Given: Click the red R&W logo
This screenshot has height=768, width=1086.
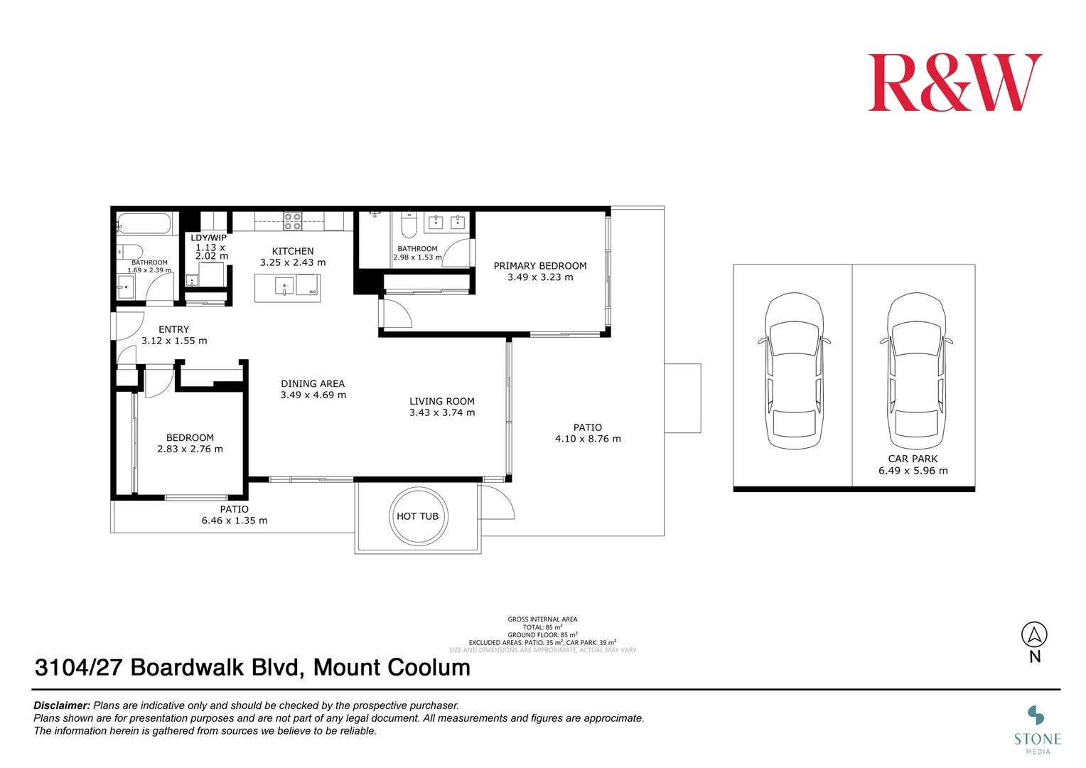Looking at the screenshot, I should (955, 82).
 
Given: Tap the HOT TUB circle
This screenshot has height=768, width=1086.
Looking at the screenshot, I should (418, 516).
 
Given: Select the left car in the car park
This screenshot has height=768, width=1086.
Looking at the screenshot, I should (793, 371).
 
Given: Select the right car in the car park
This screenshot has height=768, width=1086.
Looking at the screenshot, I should (916, 371).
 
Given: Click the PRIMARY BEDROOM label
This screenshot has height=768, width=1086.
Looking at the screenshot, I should (540, 266).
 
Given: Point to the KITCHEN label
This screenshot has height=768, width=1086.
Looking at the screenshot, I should (292, 251).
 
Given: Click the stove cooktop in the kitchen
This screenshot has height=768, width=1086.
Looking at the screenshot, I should (293, 221).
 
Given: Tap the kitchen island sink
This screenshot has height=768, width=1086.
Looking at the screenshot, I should (284, 287).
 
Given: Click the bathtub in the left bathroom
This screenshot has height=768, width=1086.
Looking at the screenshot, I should (144, 223).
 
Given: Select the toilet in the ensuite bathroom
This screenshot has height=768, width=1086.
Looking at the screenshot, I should (409, 225).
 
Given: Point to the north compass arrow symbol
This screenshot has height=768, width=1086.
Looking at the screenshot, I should (1034, 634).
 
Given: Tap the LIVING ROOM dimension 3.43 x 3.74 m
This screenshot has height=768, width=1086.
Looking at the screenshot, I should (442, 412).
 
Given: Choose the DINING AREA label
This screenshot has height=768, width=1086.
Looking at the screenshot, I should (313, 383).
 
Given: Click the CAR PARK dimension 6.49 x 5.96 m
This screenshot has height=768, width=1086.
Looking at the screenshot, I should (913, 471).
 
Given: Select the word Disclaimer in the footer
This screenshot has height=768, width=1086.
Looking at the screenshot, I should (62, 705).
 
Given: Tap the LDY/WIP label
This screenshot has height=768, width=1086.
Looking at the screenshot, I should (208, 238).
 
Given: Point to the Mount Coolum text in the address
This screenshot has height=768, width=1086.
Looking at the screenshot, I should (392, 668).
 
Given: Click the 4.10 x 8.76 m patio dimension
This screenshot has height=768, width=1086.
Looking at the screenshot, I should (588, 439).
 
